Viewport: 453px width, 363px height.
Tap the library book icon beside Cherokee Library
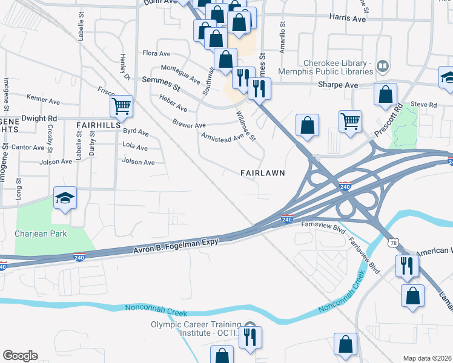click(x=382, y=65)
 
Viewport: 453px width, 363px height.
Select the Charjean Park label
click(x=41, y=234)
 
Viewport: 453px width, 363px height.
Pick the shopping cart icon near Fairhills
click(x=121, y=106)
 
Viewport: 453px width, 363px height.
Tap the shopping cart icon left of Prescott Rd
click(x=350, y=120)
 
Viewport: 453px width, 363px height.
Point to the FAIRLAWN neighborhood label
click(x=262, y=172)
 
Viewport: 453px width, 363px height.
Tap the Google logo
click(x=20, y=356)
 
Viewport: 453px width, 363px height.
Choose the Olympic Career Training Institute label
click(x=196, y=329)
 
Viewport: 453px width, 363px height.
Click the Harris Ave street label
click(x=348, y=19)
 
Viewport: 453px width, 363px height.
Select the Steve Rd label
click(x=423, y=105)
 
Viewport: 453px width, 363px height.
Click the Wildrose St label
click(x=246, y=125)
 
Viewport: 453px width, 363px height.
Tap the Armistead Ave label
click(x=222, y=139)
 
